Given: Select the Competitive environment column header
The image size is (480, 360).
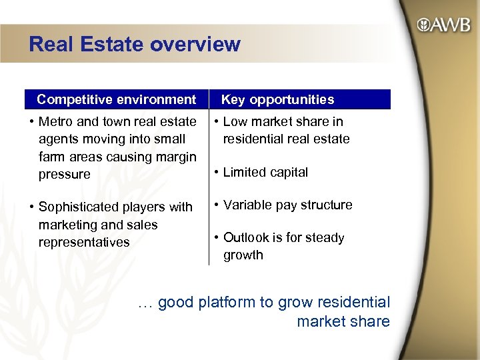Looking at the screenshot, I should coord(117,99).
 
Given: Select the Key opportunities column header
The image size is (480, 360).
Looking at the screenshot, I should coord(277,99).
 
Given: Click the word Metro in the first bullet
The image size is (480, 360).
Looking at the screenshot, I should coord(55,121).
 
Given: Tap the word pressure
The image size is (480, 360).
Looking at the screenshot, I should coord(64,174).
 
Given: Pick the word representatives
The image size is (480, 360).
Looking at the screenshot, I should coord(84,242).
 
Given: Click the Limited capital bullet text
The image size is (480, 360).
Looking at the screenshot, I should coord(265,172).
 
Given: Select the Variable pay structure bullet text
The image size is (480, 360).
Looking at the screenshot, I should coord(287,205).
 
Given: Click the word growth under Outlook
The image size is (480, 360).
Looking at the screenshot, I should coord(243,255).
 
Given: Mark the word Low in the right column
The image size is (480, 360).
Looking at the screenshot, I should coord(235,121).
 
